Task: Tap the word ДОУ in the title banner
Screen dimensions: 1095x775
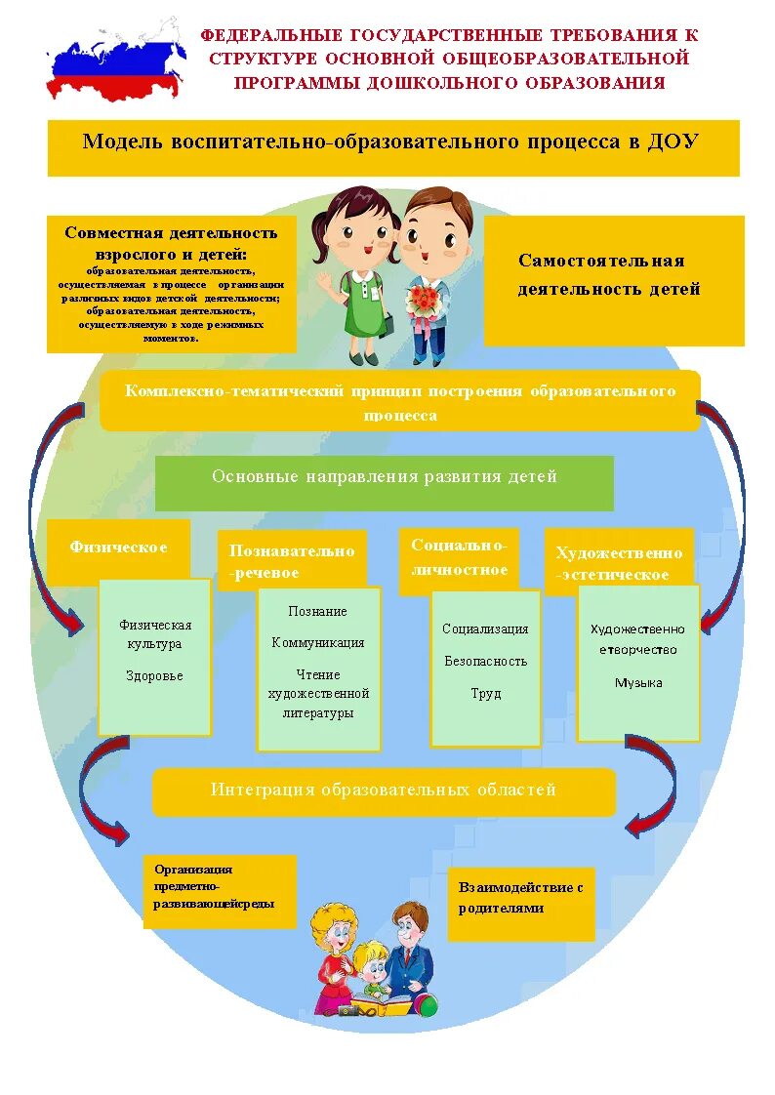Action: point(673,142)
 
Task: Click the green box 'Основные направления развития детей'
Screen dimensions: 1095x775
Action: point(385,478)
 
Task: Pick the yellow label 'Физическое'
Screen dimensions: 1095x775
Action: point(118,547)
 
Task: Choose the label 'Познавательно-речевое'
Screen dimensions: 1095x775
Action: point(292,561)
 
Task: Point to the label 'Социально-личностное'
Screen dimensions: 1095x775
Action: point(459,558)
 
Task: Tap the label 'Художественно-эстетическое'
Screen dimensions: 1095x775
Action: point(619,563)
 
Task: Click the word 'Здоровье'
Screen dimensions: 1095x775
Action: point(154,675)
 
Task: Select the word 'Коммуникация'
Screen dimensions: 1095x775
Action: point(318,642)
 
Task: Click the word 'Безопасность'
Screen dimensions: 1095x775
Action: point(485,661)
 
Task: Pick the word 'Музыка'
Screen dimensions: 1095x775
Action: point(638,683)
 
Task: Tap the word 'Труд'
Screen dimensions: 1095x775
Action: point(485,693)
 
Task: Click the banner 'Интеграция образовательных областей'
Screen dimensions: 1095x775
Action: point(384,791)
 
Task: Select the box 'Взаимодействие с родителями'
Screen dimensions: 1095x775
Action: point(521,898)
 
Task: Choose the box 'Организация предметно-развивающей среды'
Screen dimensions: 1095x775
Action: point(221,887)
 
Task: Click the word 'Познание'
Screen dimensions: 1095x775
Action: point(318,611)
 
